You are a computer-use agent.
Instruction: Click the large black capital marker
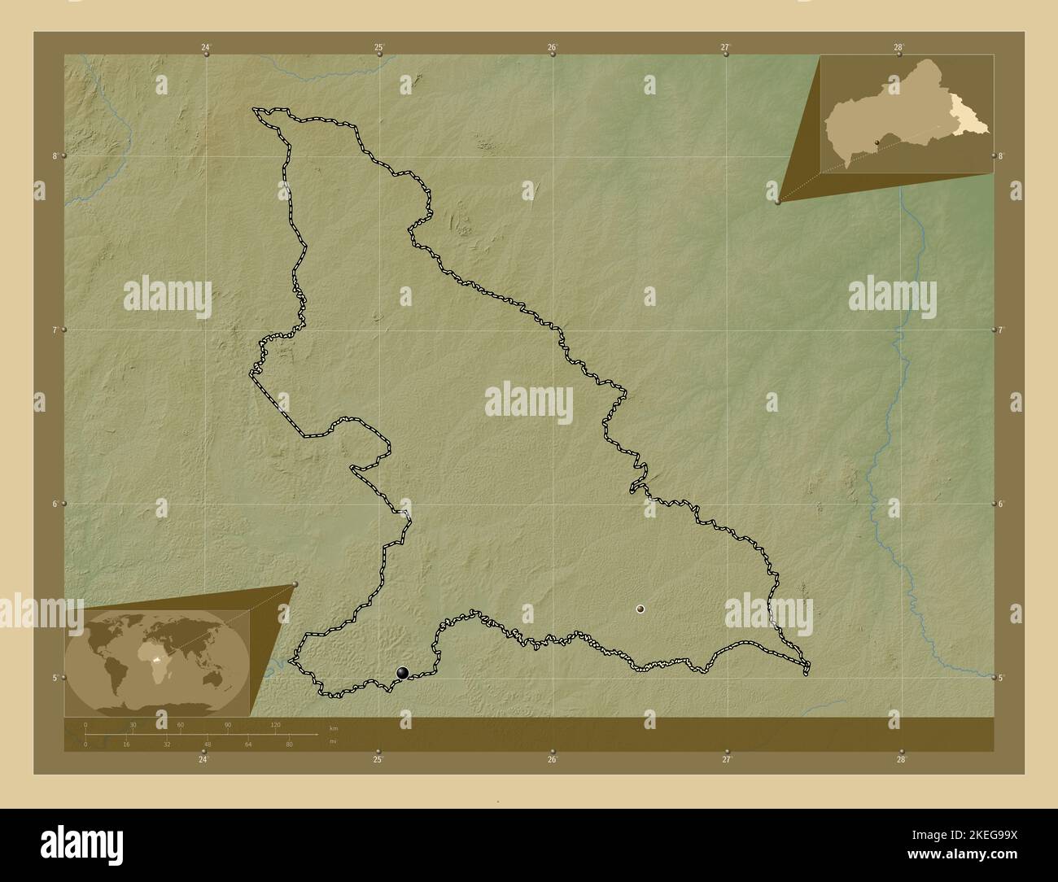tap(403, 672)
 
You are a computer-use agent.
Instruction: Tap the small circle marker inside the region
tap(640, 608)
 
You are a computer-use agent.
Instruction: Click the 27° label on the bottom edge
tap(727, 760)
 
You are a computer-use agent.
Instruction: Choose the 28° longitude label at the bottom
tap(901, 760)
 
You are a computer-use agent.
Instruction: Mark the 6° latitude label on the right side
tap(1000, 504)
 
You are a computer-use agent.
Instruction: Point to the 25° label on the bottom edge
tap(378, 760)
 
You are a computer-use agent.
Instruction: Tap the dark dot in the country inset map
tap(877, 142)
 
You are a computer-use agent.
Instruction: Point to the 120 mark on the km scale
tap(275, 724)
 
